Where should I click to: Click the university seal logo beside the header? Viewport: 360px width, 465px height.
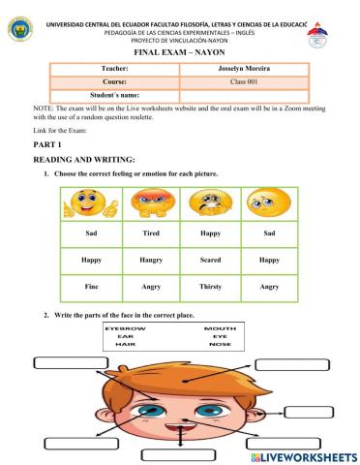(x=18, y=26)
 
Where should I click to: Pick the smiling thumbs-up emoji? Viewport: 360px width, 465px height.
(x=88, y=204)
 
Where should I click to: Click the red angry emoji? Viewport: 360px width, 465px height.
(x=145, y=204)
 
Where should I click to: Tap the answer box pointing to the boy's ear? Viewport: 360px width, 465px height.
(x=308, y=411)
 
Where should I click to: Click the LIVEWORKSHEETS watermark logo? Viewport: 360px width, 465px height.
(x=303, y=455)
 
